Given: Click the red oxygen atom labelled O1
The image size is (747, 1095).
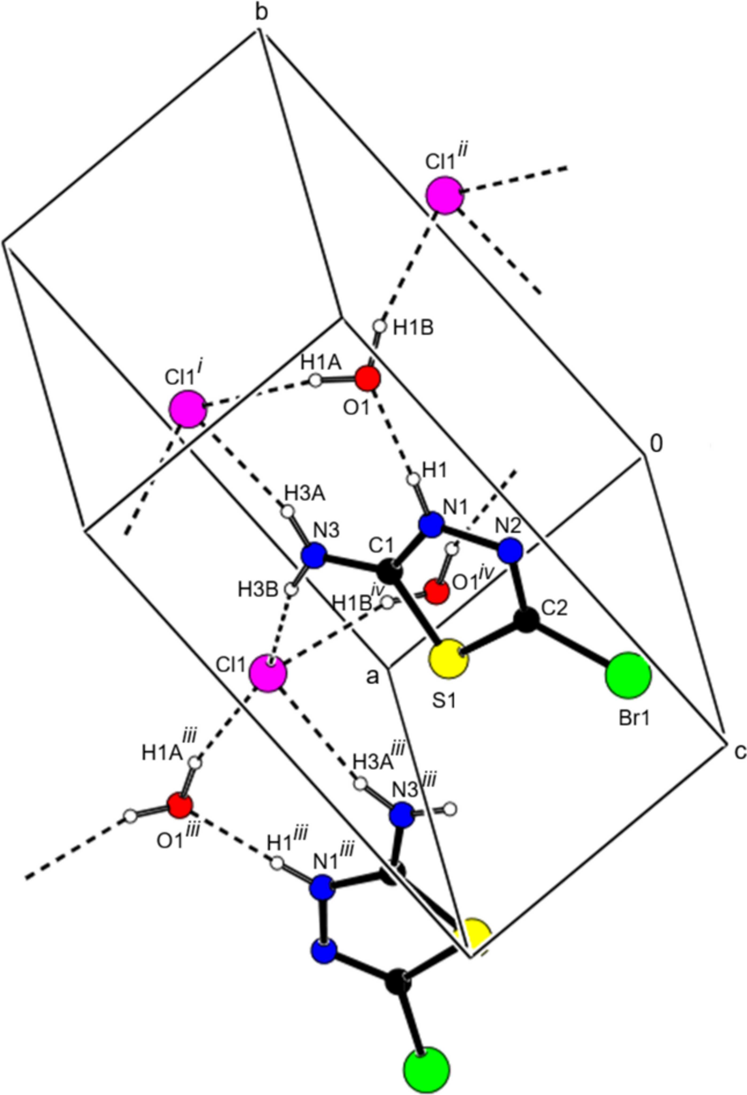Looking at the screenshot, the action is coord(367,378).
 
